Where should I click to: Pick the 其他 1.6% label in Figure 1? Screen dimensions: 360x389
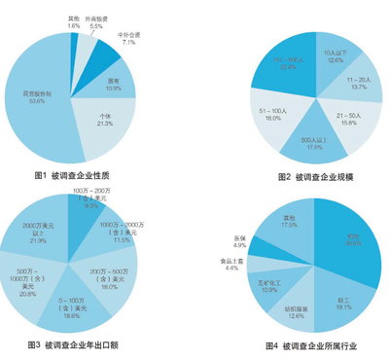(74, 21)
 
